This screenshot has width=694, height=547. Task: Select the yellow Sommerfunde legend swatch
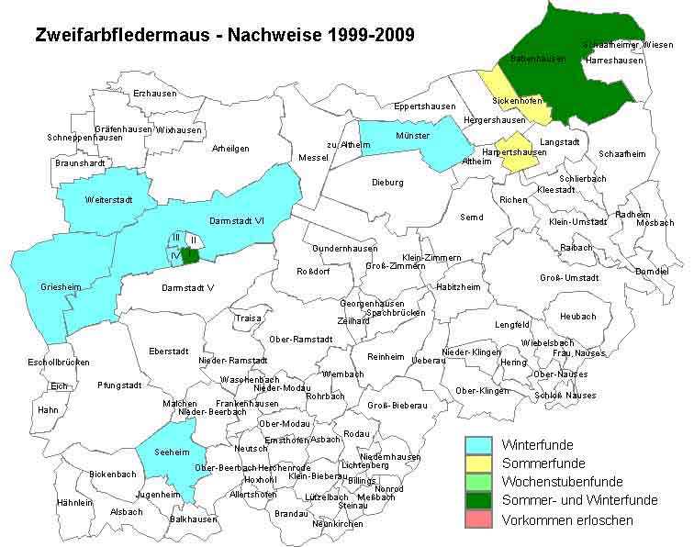coord(480,463)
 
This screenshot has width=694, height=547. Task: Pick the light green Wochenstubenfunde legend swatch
coord(480,482)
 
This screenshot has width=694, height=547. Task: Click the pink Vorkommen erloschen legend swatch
coord(480,519)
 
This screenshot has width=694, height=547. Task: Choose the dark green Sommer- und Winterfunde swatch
coord(480,501)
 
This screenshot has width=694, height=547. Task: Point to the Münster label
coord(412,136)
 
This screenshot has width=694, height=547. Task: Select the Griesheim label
coord(61,287)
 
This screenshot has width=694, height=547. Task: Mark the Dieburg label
coord(387,183)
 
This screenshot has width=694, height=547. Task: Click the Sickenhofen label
coord(518,100)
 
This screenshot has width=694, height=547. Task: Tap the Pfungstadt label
coord(119,385)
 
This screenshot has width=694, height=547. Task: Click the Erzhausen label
coord(154,94)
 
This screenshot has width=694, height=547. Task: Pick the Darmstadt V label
coord(187,288)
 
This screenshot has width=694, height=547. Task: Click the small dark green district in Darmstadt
coord(190,255)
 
